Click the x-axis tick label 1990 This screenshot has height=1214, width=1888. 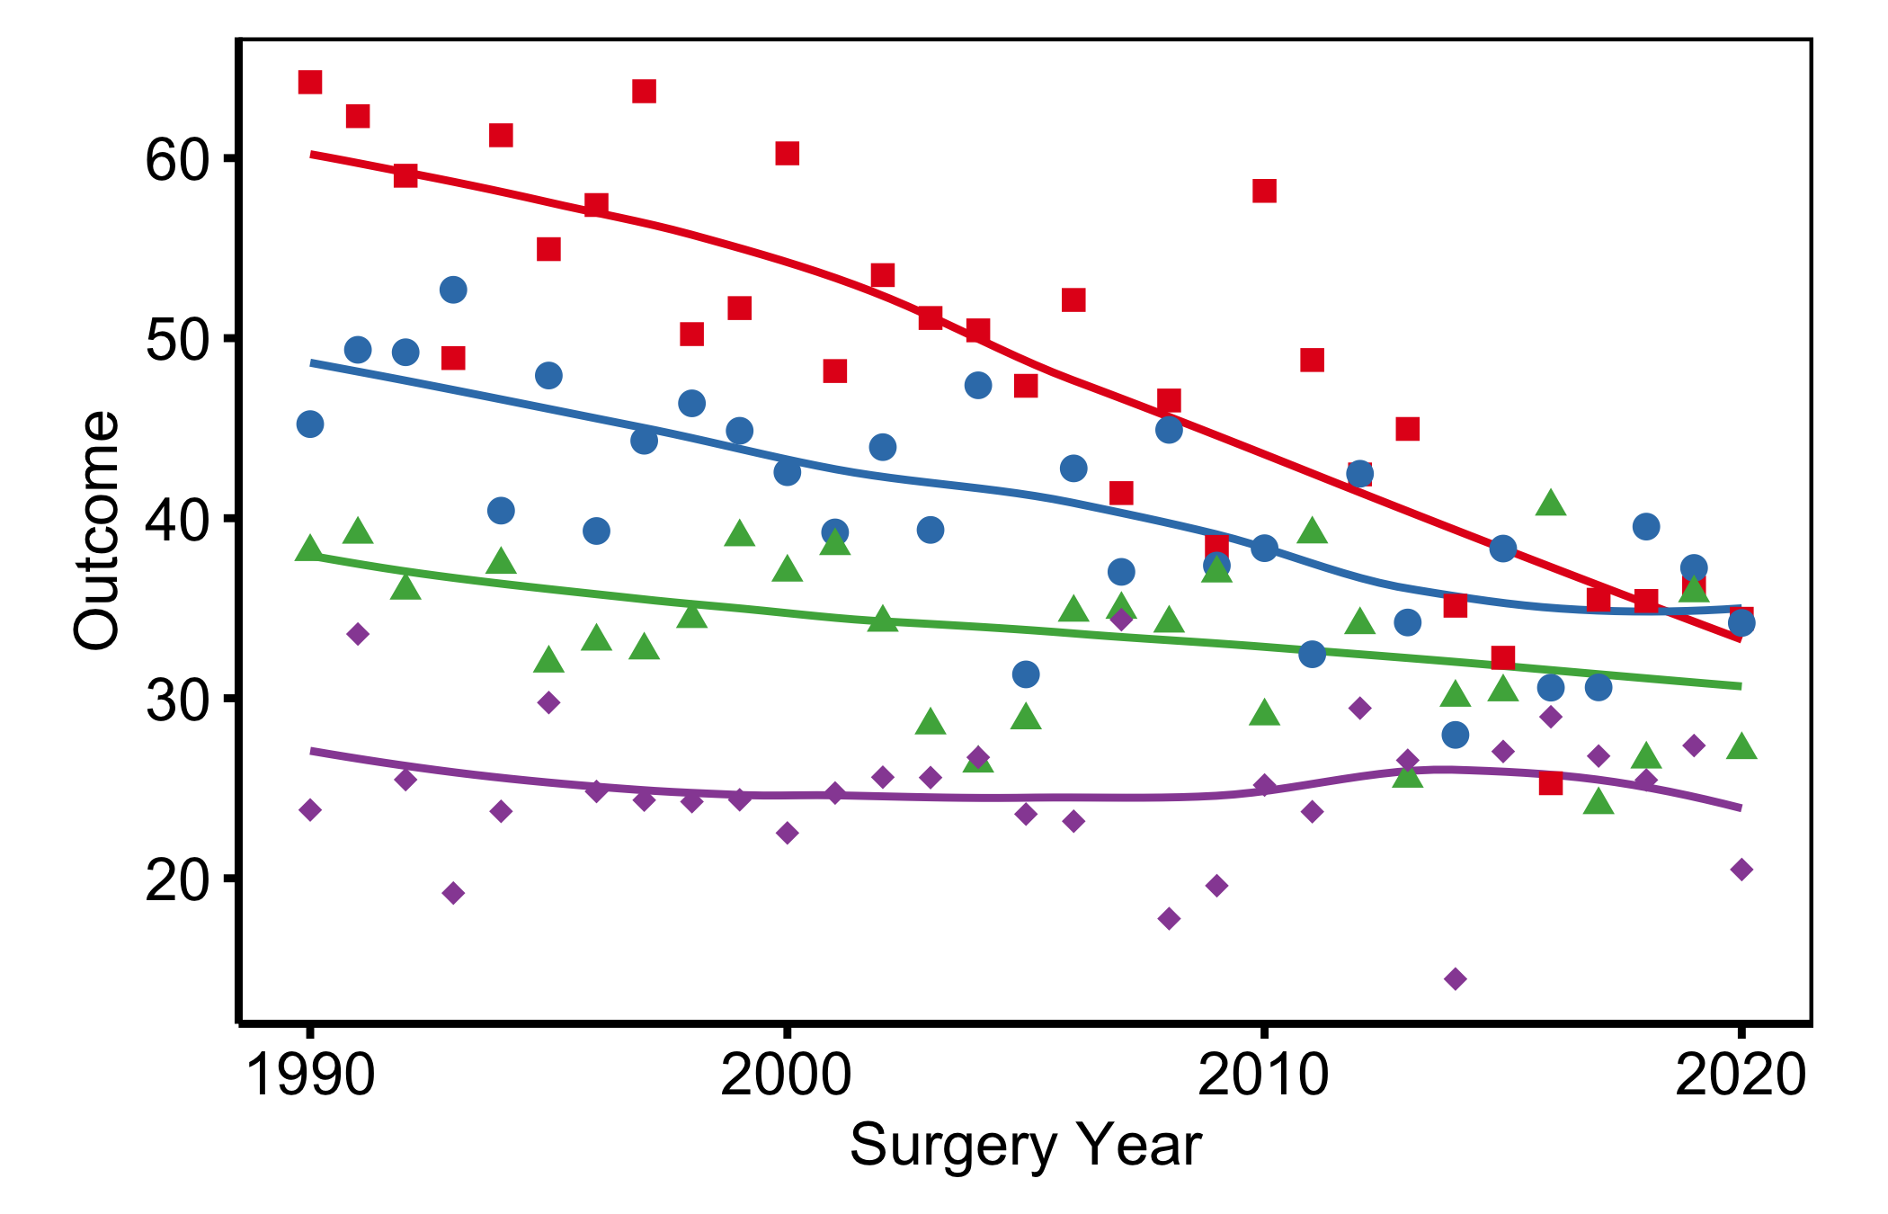(x=309, y=1075)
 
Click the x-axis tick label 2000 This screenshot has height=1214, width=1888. (x=787, y=1075)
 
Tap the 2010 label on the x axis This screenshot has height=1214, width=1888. (x=1263, y=1075)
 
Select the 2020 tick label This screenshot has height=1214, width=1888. (x=1741, y=1075)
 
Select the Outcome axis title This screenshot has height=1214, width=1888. (x=96, y=531)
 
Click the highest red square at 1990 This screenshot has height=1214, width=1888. (x=310, y=82)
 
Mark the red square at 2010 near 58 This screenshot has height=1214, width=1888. (x=1264, y=191)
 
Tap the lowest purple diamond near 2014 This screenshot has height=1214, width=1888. (x=1456, y=978)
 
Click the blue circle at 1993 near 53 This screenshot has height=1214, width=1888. (x=453, y=290)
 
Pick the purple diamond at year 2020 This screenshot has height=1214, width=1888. (x=1741, y=870)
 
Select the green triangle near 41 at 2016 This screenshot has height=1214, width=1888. (x=1551, y=503)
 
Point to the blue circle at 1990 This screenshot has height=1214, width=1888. (x=310, y=424)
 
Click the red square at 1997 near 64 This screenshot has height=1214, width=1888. (x=644, y=91)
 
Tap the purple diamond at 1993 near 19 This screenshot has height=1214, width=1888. (x=453, y=893)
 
